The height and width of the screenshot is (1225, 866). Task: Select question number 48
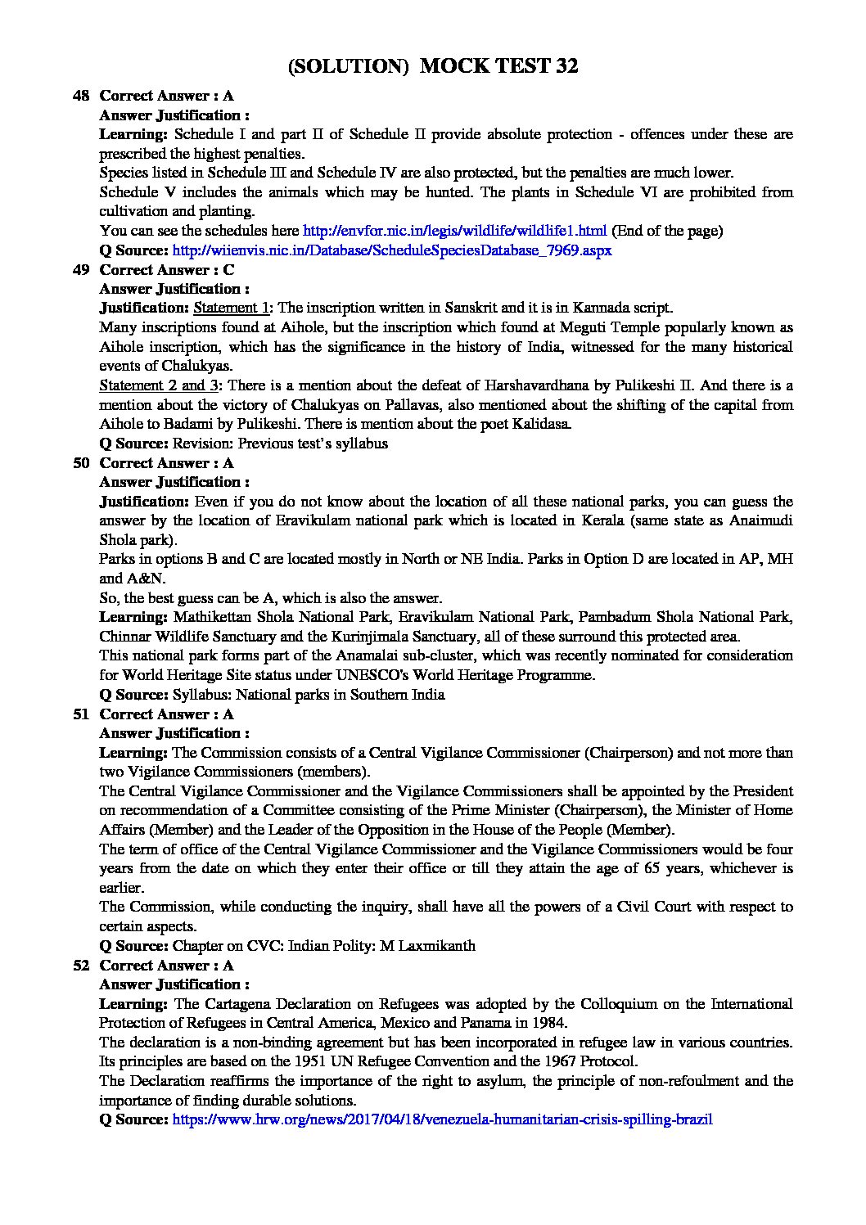point(81,96)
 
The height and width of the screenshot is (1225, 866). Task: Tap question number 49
point(81,269)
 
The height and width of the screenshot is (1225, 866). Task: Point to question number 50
point(81,462)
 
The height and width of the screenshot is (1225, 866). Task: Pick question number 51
point(81,714)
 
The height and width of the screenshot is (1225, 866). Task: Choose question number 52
point(81,965)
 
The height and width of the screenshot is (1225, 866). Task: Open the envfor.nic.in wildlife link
point(454,231)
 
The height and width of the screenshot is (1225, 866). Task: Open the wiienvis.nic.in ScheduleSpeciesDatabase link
point(392,250)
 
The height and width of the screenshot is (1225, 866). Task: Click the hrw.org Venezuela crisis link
point(442,1118)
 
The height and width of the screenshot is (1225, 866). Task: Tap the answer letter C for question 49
point(228,269)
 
